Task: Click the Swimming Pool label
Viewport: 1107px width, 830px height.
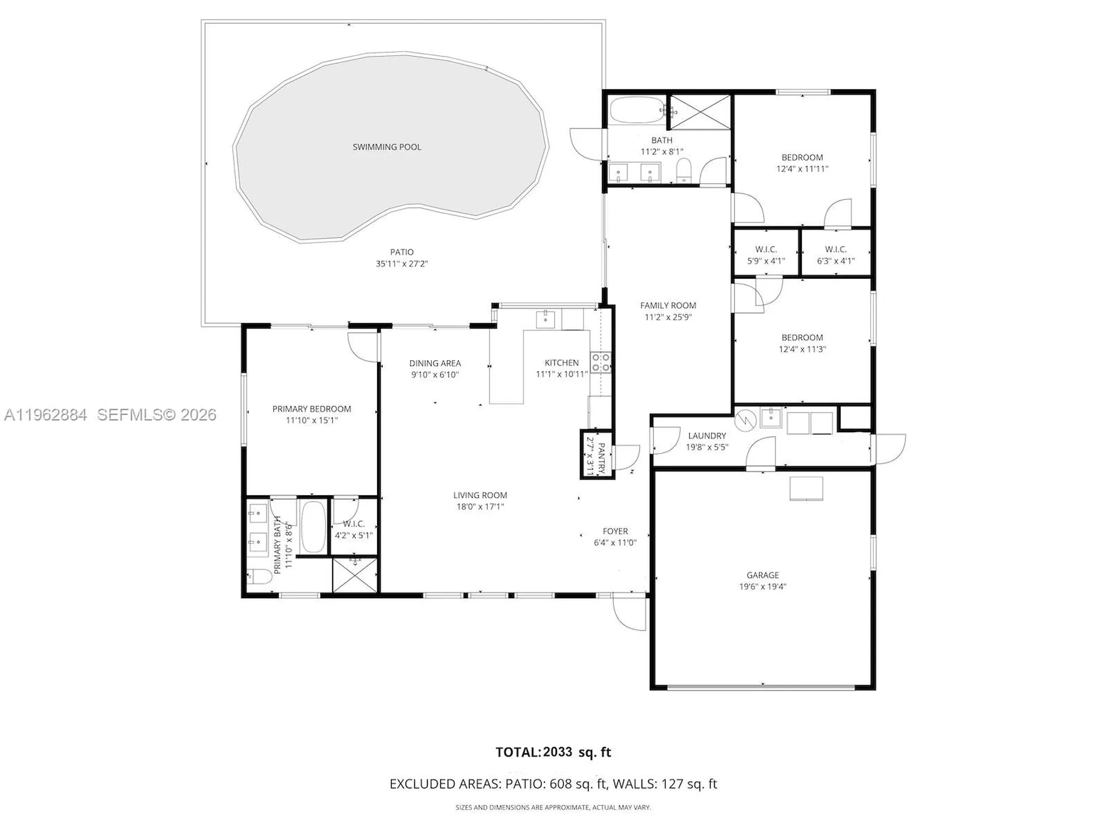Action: click(387, 147)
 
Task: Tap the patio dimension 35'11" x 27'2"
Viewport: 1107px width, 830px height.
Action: click(402, 264)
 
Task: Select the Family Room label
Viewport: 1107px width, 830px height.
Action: click(668, 305)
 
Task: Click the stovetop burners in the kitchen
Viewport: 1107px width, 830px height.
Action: click(600, 363)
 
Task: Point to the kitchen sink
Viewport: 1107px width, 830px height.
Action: click(545, 319)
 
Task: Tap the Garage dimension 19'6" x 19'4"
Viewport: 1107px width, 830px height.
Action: click(763, 587)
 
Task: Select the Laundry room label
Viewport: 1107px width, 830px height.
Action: click(707, 436)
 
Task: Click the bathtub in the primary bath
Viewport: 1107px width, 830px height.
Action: click(313, 526)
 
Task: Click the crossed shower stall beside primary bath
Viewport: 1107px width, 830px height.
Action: click(355, 574)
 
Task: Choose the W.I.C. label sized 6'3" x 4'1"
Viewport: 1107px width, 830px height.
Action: click(835, 250)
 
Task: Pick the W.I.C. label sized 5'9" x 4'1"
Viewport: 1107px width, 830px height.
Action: click(766, 250)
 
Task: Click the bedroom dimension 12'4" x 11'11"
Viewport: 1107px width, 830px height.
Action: click(802, 169)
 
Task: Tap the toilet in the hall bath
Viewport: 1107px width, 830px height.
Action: click(684, 171)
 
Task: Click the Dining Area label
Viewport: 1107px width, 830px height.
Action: click(435, 363)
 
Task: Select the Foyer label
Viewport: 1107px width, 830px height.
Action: click(615, 531)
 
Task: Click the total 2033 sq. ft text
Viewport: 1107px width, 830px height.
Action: click(553, 752)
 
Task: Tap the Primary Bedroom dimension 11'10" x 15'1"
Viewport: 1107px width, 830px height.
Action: click(311, 420)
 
